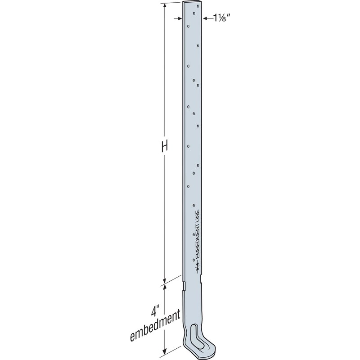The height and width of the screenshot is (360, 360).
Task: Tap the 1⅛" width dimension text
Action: pos(217,18)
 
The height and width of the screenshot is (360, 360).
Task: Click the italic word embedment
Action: pos(155,322)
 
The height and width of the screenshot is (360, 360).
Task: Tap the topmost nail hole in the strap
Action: pos(193,13)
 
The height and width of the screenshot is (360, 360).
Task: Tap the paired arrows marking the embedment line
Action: pos(197,268)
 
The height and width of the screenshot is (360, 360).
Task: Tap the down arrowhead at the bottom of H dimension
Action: pos(165,279)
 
